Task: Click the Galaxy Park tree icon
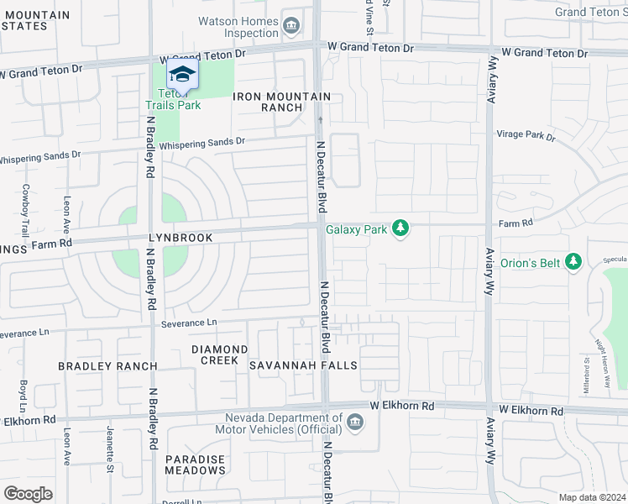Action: click(401, 228)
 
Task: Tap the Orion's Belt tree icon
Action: click(573, 263)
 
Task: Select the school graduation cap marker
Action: click(181, 75)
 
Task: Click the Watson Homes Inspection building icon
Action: click(291, 27)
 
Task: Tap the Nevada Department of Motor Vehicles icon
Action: click(355, 422)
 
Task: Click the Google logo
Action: click(29, 493)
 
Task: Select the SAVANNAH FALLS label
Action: click(303, 365)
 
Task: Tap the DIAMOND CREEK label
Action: click(219, 354)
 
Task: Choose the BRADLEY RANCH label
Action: click(107, 366)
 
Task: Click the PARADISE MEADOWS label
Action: click(195, 465)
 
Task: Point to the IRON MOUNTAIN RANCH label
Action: click(281, 102)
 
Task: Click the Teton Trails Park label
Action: click(173, 99)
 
